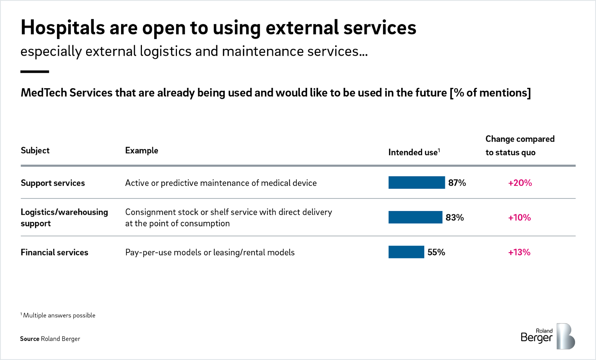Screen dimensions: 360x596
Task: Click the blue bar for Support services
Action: pyautogui.click(x=416, y=183)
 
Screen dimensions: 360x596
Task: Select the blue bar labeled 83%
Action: pyautogui.click(x=415, y=217)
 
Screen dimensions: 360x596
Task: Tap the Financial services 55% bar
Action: pyautogui.click(x=406, y=252)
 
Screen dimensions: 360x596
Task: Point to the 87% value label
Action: pyautogui.click(x=457, y=183)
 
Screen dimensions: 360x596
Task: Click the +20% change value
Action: pyautogui.click(x=520, y=183)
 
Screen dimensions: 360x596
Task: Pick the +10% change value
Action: pyautogui.click(x=519, y=217)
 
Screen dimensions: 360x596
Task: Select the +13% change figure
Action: pyautogui.click(x=519, y=252)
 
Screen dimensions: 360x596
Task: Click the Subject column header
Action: pyautogui.click(x=35, y=150)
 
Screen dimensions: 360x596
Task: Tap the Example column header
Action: pyautogui.click(x=142, y=150)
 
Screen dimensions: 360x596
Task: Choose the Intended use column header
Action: pyautogui.click(x=414, y=152)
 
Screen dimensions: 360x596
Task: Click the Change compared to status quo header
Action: pyautogui.click(x=520, y=146)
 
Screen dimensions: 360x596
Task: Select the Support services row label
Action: pyautogui.click(x=53, y=183)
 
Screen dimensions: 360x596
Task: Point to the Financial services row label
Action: pyautogui.click(x=54, y=252)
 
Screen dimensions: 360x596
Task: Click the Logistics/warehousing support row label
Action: pyautogui.click(x=64, y=217)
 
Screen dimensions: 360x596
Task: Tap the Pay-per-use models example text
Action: pyautogui.click(x=210, y=252)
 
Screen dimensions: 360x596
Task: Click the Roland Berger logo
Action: pyautogui.click(x=548, y=336)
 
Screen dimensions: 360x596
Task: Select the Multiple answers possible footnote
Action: pyautogui.click(x=58, y=315)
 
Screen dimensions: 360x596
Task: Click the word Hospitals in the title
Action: pyautogui.click(x=63, y=28)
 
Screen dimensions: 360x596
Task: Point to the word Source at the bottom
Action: pyautogui.click(x=30, y=339)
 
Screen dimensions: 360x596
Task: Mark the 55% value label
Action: pyautogui.click(x=436, y=252)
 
